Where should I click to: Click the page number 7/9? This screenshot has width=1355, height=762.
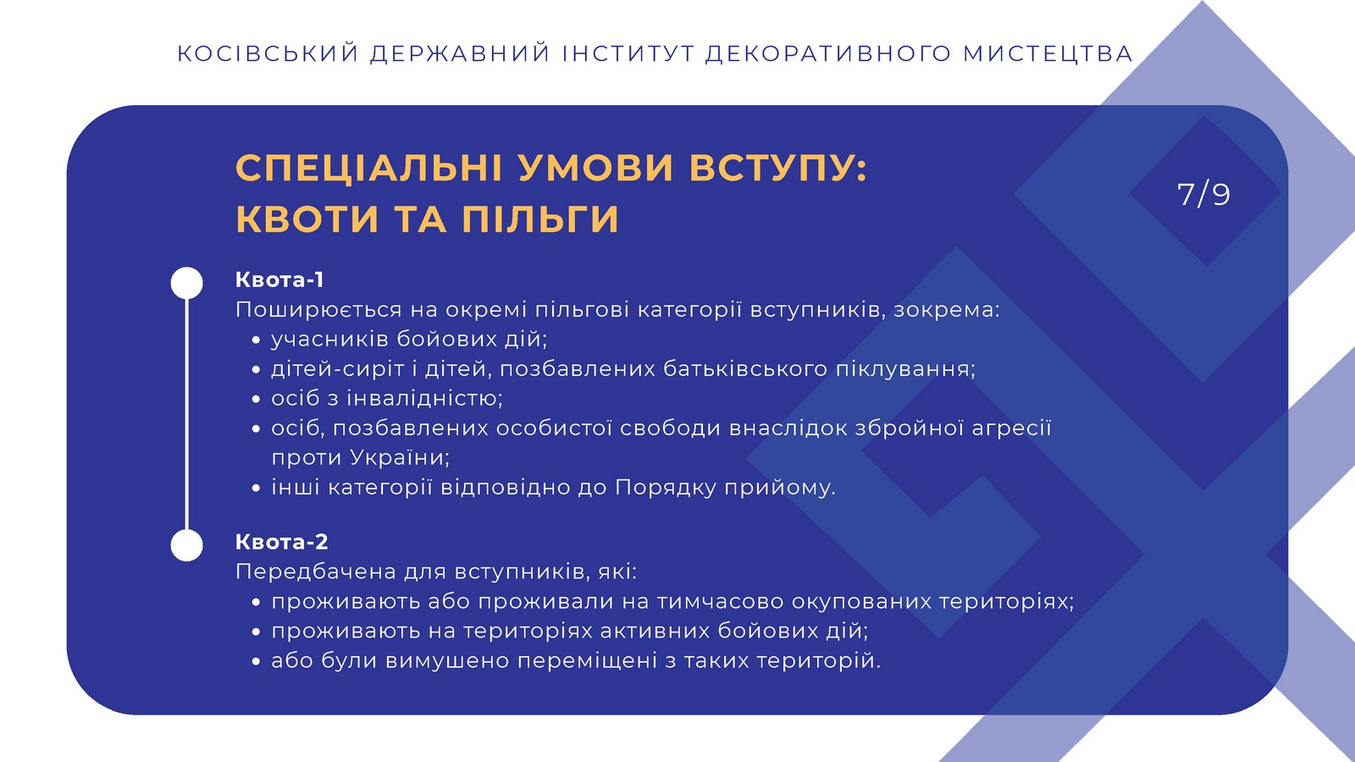coord(1203,194)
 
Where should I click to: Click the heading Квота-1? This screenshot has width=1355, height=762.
coord(279,279)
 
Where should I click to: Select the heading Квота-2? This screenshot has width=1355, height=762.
coord(281,541)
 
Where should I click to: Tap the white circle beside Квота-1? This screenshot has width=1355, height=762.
coord(186,283)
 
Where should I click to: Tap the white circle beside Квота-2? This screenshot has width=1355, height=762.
coord(186,545)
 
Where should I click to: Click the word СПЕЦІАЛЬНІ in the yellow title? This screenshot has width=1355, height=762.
coord(368,168)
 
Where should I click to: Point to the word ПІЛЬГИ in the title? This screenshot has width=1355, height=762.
coord(540,218)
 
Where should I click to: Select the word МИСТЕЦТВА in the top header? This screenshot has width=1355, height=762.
coord(1048,53)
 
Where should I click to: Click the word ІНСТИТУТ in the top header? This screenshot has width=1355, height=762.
coord(628,53)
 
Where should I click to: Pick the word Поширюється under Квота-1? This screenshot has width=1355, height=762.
coord(318,310)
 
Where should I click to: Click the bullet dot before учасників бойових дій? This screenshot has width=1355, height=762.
coord(256,340)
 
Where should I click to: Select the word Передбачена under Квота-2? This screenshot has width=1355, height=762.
coord(315,571)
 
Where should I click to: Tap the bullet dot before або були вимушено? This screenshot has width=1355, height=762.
coord(256,662)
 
